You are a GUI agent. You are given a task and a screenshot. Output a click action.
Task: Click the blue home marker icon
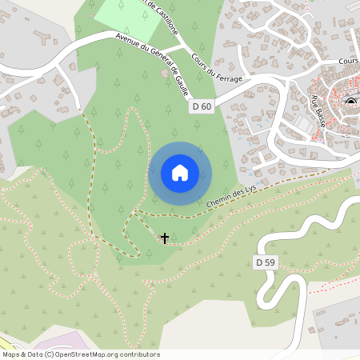[180, 173]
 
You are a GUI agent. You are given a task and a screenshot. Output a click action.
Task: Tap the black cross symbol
[165, 238]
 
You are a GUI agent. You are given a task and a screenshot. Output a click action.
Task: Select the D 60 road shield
[202, 106]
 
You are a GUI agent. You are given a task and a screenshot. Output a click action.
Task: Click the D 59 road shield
[265, 262]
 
